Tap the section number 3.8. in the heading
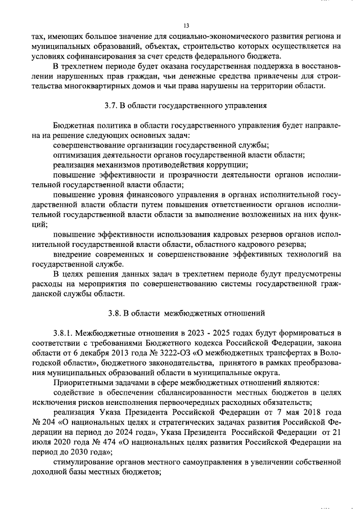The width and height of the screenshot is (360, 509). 115,313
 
